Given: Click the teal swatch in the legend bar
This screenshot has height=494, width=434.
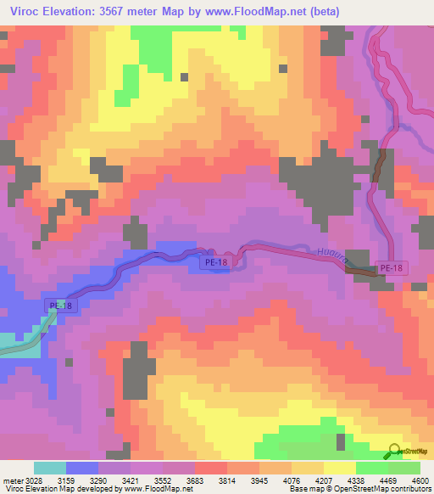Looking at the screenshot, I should (49, 468).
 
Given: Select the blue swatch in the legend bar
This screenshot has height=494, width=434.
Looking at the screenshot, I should (82, 468).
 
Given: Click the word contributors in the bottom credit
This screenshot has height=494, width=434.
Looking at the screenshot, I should (411, 488).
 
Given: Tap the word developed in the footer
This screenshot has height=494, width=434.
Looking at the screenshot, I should (82, 488).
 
